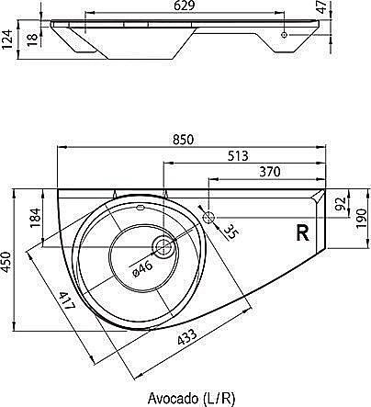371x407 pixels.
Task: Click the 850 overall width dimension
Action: (183, 140)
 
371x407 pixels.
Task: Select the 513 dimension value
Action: (238, 156)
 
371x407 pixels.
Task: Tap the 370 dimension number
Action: (270, 172)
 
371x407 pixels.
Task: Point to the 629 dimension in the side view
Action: (184, 6)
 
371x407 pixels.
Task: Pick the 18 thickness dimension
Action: (33, 40)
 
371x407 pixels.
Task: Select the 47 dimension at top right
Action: (321, 7)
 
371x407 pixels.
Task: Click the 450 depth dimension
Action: (6, 262)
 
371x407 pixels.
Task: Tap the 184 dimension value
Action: (35, 218)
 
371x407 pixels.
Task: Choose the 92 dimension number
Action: (341, 203)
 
